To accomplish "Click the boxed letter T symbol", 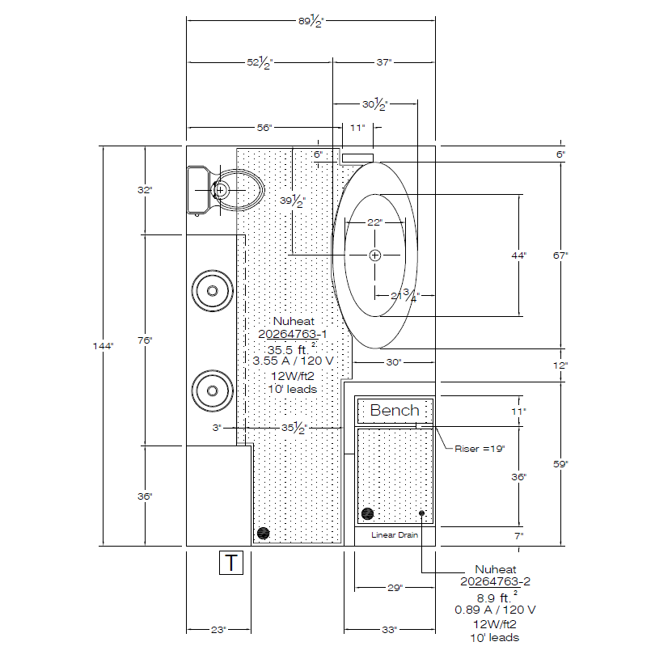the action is click(231, 562).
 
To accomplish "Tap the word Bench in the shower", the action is click(395, 410).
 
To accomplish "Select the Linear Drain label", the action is click(395, 535).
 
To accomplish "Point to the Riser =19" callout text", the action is click(480, 449).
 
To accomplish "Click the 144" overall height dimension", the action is click(103, 346).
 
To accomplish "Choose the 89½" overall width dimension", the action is click(311, 20).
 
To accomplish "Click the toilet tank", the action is click(199, 190).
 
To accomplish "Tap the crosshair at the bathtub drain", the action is click(374, 255).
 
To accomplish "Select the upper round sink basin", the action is click(212, 291).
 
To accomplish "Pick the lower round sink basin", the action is click(212, 391).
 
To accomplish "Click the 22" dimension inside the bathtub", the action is click(374, 222).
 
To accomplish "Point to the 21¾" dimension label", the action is click(405, 295).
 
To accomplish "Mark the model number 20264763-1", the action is click(292, 334).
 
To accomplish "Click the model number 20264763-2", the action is click(495, 581).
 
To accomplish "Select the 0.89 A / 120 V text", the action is click(495, 610).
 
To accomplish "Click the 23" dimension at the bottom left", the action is click(218, 630).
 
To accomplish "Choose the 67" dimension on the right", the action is click(560, 255).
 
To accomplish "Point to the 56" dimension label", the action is click(264, 128).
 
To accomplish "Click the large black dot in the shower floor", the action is click(367, 513).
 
